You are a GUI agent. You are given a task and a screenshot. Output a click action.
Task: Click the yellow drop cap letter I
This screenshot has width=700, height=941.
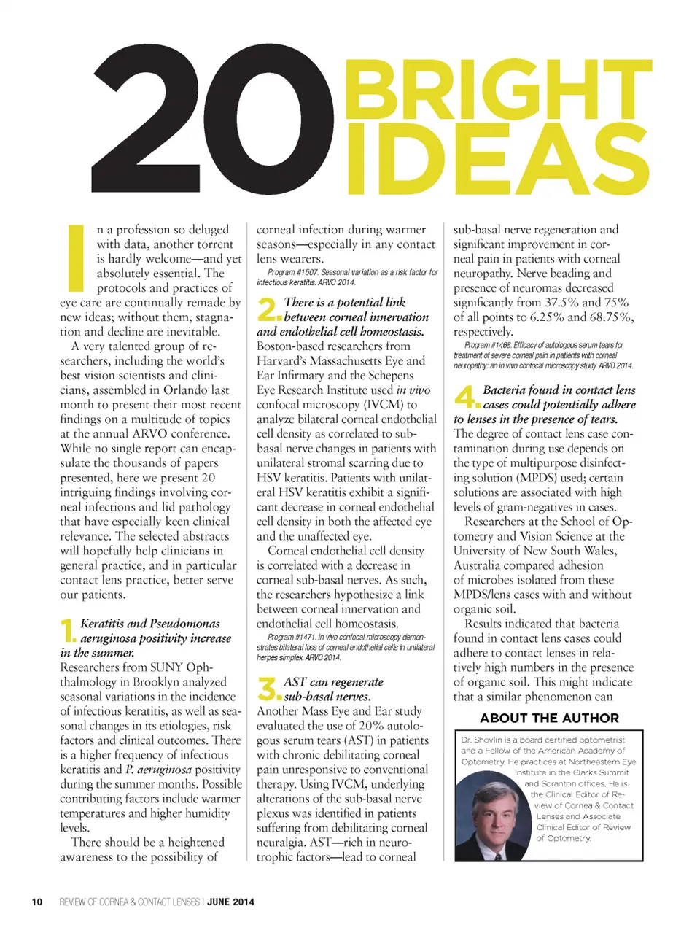75,257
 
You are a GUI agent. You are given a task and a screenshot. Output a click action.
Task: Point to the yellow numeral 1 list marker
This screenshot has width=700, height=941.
68,631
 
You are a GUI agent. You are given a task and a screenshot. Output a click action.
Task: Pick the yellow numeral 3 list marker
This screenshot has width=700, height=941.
268,689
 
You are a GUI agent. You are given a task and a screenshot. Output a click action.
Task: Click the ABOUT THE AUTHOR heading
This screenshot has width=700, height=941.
549,718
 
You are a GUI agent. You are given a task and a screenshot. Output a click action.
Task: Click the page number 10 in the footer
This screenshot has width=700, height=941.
37,902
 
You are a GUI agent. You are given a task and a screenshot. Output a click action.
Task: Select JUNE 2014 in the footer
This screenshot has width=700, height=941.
230,902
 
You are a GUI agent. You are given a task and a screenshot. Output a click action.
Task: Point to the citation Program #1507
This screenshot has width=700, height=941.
292,272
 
